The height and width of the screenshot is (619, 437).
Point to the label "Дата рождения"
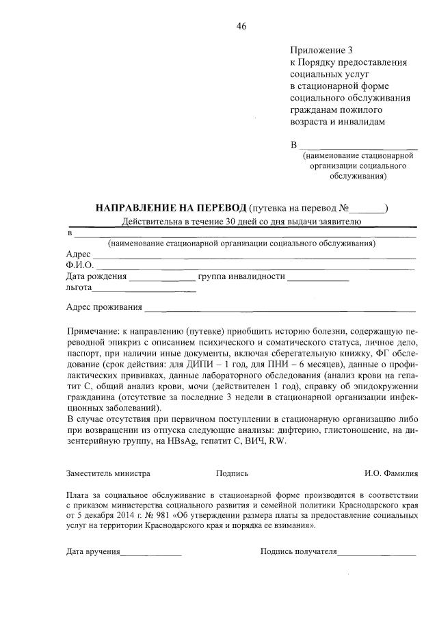pos(96,277)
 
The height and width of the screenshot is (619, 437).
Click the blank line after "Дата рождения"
pos(162,278)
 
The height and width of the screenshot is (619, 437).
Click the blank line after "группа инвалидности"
pos(318,278)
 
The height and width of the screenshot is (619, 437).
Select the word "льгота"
pos(79,289)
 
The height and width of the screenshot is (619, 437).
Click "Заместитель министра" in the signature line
pos(108,473)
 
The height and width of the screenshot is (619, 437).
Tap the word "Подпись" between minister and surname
pos(232,473)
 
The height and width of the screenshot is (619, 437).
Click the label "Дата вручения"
pos(93,551)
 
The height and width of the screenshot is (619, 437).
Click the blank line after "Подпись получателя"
pos(378,553)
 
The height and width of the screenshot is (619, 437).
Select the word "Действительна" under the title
pos(150,221)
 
